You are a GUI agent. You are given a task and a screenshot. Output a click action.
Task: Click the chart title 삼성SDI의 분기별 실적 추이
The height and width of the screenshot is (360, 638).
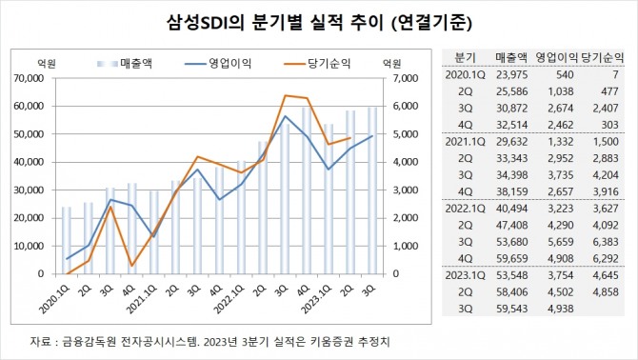[x=275, y=23]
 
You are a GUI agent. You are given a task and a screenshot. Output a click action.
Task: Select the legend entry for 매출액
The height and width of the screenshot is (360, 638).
[x=125, y=64]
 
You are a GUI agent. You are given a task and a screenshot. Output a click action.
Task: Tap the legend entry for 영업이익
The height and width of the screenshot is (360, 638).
[x=218, y=64]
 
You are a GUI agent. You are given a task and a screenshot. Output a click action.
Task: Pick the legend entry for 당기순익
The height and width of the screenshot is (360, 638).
[x=317, y=64]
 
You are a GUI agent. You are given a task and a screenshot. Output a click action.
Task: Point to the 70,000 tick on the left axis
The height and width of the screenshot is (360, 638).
[x=30, y=78]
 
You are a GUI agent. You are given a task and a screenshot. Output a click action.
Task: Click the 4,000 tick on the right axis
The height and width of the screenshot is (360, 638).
[x=406, y=162]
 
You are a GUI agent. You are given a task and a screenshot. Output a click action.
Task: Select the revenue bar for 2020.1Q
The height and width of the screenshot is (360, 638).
[x=67, y=240]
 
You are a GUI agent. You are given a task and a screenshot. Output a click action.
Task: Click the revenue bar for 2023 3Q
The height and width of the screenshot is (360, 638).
[x=372, y=190]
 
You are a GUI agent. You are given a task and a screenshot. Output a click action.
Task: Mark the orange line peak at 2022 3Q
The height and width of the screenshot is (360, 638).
[x=286, y=95]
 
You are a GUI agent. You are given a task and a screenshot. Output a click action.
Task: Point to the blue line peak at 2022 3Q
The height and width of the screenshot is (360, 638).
[x=286, y=116]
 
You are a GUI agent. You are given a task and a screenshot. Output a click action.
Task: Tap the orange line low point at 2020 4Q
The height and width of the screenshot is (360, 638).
[x=131, y=266]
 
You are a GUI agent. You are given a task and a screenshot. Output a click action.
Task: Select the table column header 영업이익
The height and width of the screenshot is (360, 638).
[x=556, y=57]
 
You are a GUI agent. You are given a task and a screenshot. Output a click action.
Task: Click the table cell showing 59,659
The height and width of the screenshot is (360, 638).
[x=512, y=258]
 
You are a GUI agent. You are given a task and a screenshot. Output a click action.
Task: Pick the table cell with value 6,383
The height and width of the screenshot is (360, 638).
[x=606, y=242]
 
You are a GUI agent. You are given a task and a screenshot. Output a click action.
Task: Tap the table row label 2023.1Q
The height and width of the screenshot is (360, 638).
[x=465, y=275]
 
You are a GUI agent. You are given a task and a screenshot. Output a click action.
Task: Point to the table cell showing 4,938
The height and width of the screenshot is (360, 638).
[x=561, y=309]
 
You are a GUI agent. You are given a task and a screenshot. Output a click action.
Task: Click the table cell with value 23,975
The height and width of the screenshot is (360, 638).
[x=512, y=75]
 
